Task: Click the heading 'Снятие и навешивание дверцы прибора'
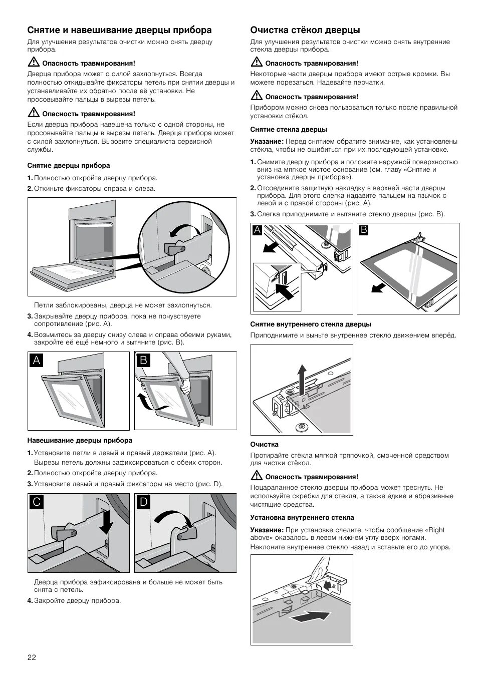click(119, 30)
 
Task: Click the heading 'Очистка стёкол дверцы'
click(305, 30)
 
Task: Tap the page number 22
click(32, 656)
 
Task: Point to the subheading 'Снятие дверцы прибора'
click(69, 165)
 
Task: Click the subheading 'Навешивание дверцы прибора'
click(80, 441)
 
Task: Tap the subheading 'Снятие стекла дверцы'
click(289, 130)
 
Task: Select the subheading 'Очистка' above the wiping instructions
click(264, 444)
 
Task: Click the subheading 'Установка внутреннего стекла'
click(302, 518)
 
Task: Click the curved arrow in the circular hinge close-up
click(181, 230)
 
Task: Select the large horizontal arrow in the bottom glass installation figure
click(311, 617)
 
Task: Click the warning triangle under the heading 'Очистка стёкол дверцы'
click(257, 63)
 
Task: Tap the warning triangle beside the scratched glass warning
click(257, 476)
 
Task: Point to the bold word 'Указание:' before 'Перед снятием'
click(267, 141)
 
